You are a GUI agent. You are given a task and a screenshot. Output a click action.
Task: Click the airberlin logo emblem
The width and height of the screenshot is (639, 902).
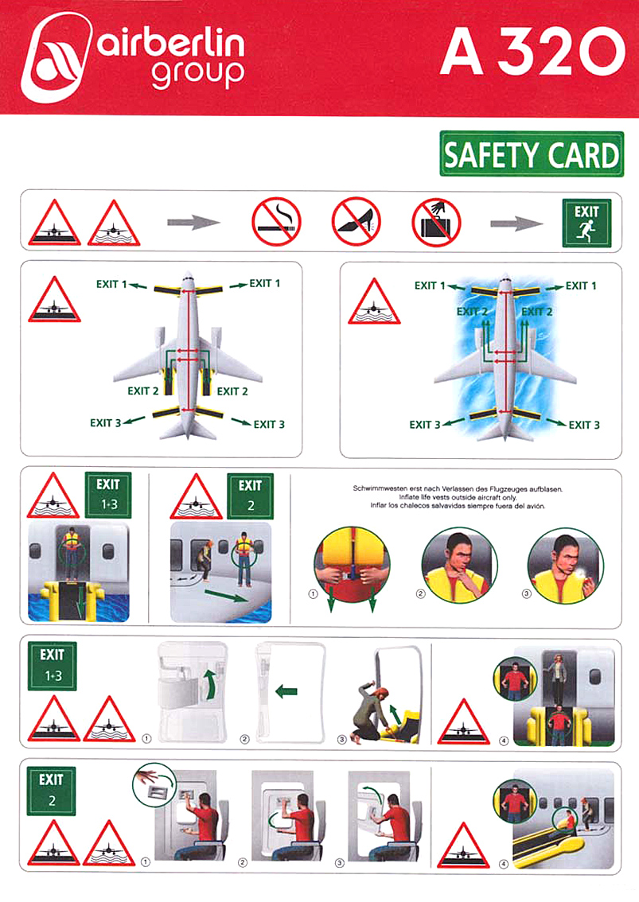pos(56,57)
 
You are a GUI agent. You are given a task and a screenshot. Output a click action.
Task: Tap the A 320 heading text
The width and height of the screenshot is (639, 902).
pos(532,52)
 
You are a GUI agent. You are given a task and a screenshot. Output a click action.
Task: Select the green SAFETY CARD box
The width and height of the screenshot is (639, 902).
pos(532,154)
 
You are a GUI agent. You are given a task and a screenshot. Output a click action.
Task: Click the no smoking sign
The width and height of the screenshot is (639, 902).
pos(276,221)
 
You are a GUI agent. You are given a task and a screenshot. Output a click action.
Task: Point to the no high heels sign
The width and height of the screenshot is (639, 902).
pos(357,221)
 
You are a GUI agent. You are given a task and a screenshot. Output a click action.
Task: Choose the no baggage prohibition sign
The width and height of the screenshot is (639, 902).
pos(436,222)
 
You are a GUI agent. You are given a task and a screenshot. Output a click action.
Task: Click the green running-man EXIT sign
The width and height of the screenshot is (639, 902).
pos(586,224)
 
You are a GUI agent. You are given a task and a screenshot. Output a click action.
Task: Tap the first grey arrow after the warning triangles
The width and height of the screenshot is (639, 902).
pos(193,221)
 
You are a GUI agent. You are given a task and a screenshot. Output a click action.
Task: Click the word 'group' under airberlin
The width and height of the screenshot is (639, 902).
pos(198,74)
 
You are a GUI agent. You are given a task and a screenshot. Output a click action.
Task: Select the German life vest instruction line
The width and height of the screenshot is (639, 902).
pos(458,489)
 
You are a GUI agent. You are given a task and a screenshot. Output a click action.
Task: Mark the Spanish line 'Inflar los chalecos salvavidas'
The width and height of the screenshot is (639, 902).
pos(457,506)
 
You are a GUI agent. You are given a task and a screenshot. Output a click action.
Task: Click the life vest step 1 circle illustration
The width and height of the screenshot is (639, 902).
pos(353,565)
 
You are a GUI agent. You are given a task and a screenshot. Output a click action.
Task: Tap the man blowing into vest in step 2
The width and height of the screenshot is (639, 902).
pos(459,565)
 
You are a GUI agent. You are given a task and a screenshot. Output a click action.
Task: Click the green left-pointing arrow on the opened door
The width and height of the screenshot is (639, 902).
pos(286,690)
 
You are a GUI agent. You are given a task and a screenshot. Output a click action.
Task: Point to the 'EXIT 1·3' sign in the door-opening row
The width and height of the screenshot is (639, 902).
pos(53,666)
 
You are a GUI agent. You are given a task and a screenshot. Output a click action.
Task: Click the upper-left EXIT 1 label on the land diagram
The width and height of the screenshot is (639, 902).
pos(111,284)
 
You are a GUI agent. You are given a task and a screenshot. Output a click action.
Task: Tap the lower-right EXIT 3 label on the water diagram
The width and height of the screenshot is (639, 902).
pos(584,425)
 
